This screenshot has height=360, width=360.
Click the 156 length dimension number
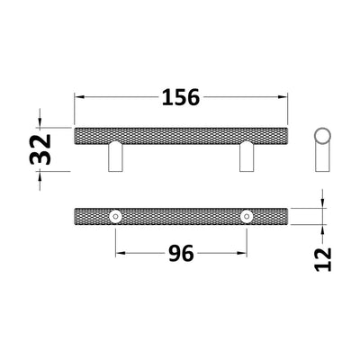182,96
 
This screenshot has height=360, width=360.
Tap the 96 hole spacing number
181,255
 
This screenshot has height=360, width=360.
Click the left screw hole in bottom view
115,216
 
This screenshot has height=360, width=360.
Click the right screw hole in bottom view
247,216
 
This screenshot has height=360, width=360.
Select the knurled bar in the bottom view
181,216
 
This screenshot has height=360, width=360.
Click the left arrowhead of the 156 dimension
77,95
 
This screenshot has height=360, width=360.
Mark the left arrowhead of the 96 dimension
119,254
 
